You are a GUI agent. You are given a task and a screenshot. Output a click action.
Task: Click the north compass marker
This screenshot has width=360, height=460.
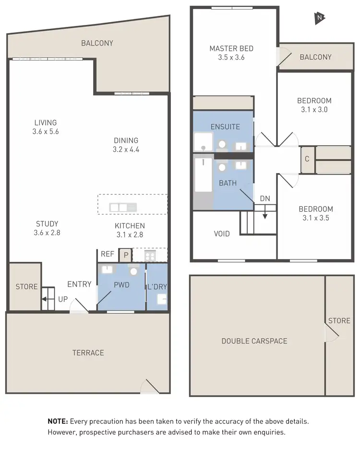tap(319, 18)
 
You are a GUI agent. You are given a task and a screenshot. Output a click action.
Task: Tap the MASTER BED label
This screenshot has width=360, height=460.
tap(231, 48)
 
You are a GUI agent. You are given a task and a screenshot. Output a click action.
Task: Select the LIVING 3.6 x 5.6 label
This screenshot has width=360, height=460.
tap(46, 127)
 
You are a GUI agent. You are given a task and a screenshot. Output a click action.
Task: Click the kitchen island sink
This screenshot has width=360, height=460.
tap(123, 207)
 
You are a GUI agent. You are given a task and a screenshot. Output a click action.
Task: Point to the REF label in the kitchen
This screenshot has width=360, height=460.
tap(107, 255)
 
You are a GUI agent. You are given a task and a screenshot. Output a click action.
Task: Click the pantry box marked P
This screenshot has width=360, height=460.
tap(125, 255)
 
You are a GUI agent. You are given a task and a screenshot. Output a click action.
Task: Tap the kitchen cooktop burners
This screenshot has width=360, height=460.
tap(150, 256)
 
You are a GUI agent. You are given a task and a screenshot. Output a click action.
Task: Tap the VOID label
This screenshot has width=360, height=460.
tap(222, 234)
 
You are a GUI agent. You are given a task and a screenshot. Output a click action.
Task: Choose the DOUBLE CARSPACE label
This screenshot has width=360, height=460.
tap(254, 341)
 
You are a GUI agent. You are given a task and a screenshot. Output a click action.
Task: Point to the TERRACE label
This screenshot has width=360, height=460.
tap(88, 353)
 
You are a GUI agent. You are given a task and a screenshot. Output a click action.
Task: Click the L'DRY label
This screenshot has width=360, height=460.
tap(157, 287)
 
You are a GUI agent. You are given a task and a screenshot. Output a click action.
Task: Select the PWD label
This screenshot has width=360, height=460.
tap(121, 285)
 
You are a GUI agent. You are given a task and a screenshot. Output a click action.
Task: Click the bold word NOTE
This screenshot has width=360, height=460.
tap(58, 421)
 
